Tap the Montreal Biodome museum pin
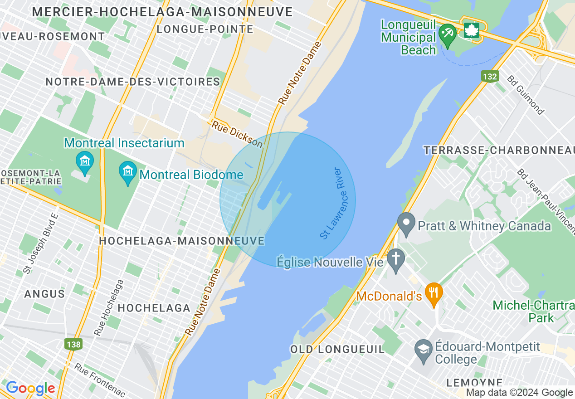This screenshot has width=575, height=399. (x=128, y=172)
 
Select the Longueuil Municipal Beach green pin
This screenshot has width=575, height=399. (x=448, y=34)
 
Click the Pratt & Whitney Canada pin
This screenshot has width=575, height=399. (x=406, y=224)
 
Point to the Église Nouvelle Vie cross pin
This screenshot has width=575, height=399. (x=396, y=260)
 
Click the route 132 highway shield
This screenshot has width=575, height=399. (x=490, y=76)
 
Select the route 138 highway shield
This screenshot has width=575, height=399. (x=73, y=344)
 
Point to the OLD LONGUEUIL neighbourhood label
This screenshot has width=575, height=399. (x=337, y=349)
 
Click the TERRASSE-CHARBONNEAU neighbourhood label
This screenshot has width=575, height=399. (x=498, y=150)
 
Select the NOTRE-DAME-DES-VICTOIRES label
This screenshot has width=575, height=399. (x=132, y=82)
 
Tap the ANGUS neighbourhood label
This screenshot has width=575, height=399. (x=44, y=294)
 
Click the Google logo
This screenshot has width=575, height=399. (x=30, y=388)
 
